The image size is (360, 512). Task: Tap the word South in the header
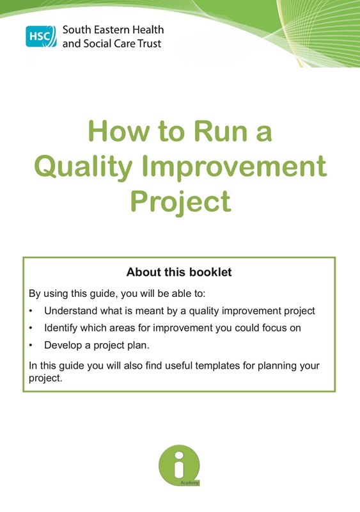click(76, 30)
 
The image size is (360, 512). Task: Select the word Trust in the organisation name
click(148, 44)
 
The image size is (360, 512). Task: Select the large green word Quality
click(84, 167)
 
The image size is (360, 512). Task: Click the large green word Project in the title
click(180, 202)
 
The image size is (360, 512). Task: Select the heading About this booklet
click(179, 272)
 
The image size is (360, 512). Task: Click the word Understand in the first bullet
click(70, 311)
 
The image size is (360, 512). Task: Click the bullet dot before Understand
click(31, 312)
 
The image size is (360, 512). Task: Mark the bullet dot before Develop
click(31, 346)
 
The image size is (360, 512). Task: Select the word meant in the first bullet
click(146, 311)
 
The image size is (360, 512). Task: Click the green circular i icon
click(179, 464)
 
